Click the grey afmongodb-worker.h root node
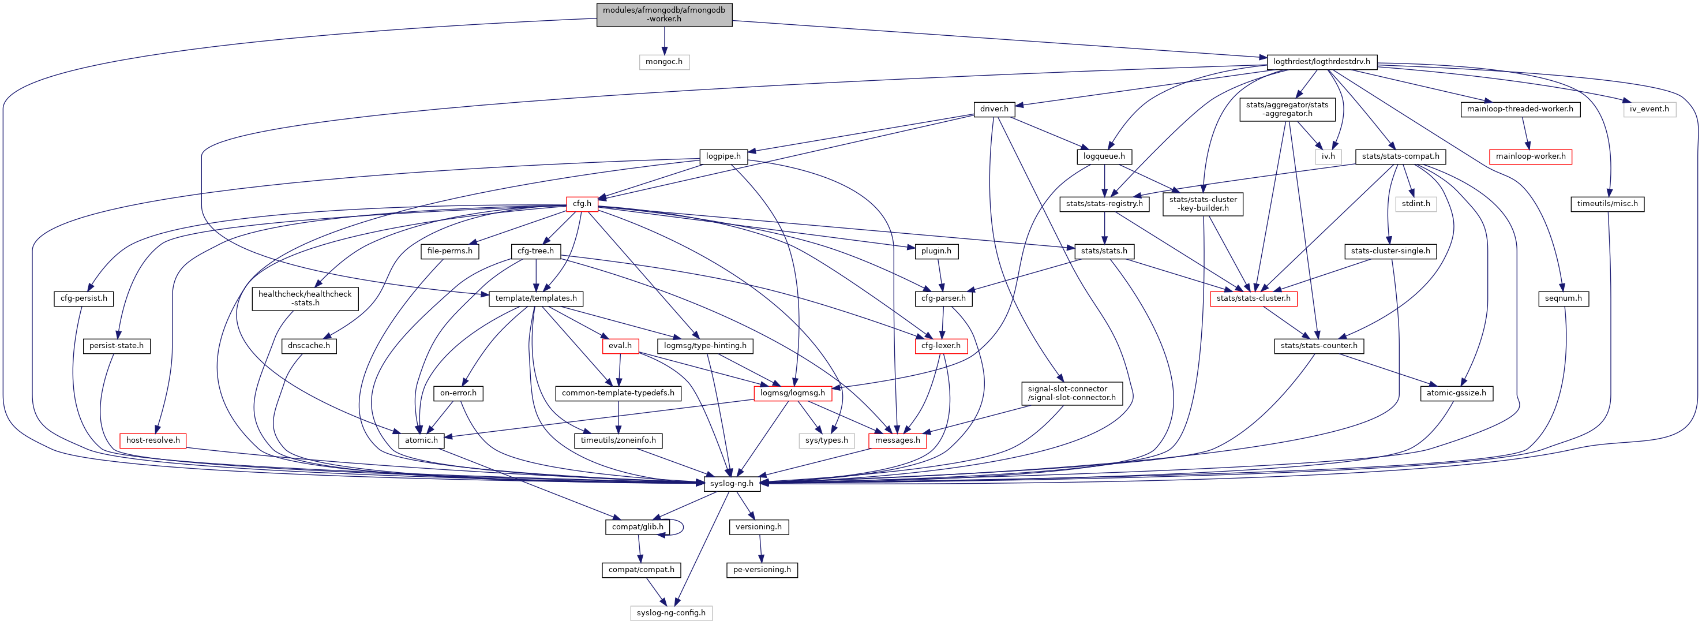tap(664, 14)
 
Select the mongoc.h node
tap(664, 61)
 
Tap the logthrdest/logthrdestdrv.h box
tap(1321, 61)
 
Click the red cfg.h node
tap(582, 204)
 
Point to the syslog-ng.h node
tap(732, 483)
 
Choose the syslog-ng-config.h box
tap(670, 613)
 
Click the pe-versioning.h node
tap(762, 569)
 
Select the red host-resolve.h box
tap(153, 440)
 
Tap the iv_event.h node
tap(1649, 109)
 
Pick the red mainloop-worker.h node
tap(1530, 156)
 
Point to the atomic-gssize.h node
tap(1456, 393)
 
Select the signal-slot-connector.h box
tap(1071, 393)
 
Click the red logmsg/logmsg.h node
tap(792, 393)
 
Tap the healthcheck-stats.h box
tap(305, 298)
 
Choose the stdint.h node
tap(1416, 204)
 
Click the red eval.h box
tap(620, 346)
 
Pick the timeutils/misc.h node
tap(1607, 204)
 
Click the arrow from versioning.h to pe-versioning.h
tap(760, 548)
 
